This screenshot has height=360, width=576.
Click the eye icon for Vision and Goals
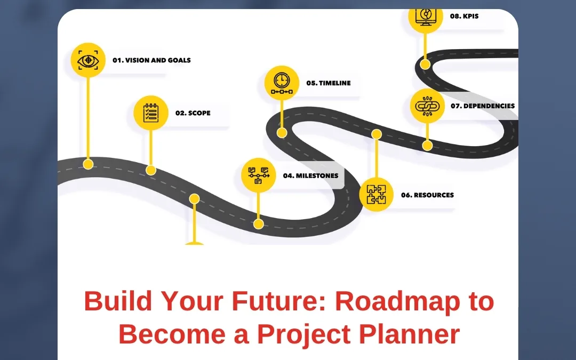point(88,60)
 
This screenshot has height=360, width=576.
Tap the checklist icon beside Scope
point(151,113)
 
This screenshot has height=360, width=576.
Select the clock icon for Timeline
point(282,83)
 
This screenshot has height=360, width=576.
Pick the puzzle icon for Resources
point(376,195)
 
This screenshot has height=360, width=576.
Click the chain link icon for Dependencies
point(427,106)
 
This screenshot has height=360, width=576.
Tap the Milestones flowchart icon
point(258,175)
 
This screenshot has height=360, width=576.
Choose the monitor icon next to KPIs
point(425,17)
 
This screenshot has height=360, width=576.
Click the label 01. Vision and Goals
point(151,60)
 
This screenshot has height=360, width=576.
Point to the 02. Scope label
point(193,113)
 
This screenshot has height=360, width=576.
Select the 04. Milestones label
point(310,175)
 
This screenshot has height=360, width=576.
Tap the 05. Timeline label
point(329,83)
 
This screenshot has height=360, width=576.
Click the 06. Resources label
point(428,195)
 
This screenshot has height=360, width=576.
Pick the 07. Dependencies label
point(483,106)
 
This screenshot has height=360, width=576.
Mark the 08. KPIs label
point(464,17)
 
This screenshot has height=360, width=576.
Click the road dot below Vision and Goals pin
point(88,164)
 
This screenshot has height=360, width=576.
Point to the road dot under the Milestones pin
point(258,224)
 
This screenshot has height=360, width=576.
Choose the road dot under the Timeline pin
point(282,133)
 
